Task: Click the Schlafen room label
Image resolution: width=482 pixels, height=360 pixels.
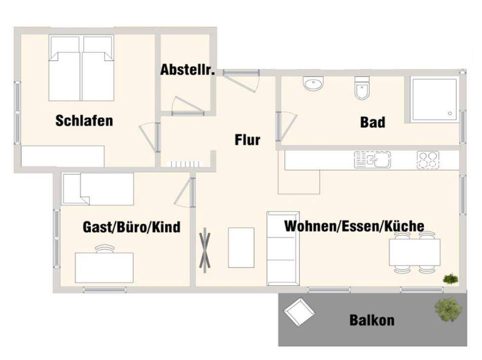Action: click(x=84, y=121)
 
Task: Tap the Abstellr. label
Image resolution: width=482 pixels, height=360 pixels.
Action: click(x=188, y=70)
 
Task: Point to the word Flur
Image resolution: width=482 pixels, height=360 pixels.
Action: click(x=248, y=140)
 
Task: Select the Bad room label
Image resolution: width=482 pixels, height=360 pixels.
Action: click(x=372, y=122)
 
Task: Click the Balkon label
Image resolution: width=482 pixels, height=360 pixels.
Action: click(x=372, y=320)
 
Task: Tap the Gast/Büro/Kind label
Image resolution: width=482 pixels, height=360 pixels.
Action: click(x=131, y=226)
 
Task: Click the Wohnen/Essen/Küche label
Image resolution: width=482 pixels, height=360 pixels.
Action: click(x=354, y=226)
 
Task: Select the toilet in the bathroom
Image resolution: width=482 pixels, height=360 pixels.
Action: click(x=362, y=89)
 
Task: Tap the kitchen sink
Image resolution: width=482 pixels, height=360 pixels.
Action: click(x=372, y=160)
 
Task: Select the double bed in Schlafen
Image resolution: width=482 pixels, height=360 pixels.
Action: click(x=81, y=68)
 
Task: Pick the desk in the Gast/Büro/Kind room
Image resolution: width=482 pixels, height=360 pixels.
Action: click(x=105, y=267)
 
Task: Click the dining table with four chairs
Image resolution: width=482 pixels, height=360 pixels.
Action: click(x=414, y=252)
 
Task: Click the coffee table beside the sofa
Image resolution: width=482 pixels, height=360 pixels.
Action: click(x=241, y=247)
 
